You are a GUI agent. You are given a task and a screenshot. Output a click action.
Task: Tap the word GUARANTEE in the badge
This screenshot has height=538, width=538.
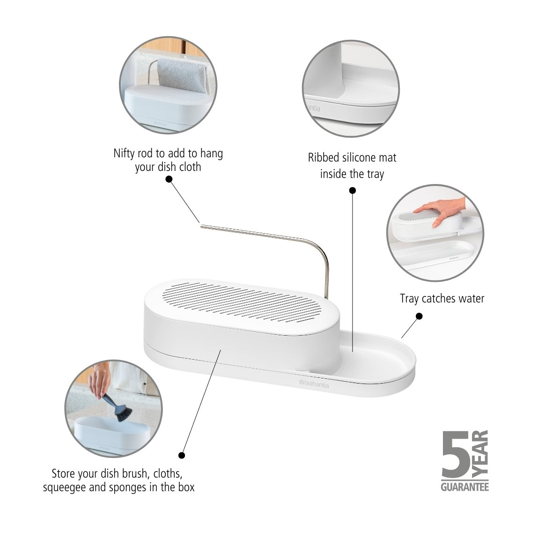[x=465, y=487]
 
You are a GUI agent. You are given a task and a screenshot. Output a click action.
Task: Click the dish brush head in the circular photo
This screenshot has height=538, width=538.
[x=123, y=411]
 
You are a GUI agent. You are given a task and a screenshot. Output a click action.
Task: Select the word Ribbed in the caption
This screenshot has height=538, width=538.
[x=324, y=158]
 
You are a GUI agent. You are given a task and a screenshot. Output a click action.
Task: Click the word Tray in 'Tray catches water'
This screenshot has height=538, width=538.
[x=409, y=299]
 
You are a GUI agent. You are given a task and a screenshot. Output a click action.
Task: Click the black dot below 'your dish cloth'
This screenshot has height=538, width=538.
[x=169, y=179]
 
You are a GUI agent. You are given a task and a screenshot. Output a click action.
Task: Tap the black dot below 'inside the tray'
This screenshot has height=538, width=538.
[x=353, y=190]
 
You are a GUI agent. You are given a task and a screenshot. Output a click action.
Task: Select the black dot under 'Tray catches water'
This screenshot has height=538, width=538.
[x=419, y=317]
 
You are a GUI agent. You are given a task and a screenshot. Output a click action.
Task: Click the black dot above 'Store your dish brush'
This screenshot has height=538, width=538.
[x=182, y=455]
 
